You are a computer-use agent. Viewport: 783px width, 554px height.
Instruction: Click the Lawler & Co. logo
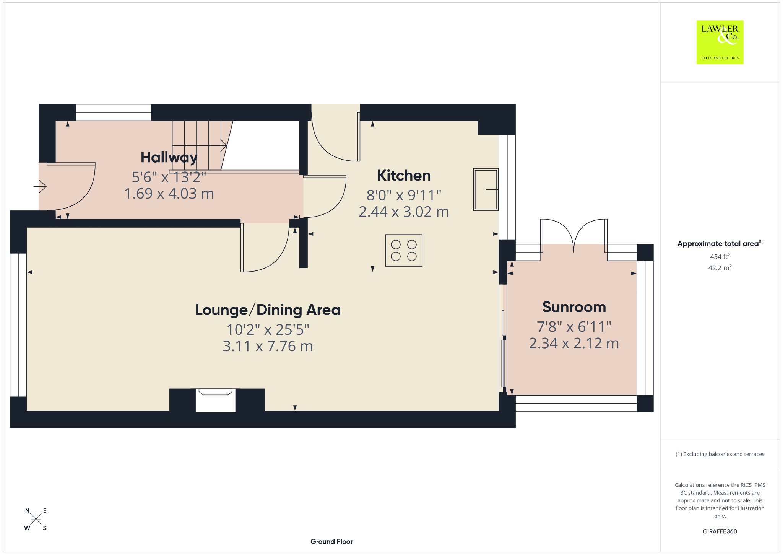pyautogui.click(x=720, y=42)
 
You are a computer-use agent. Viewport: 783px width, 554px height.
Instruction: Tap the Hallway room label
pyautogui.click(x=169, y=157)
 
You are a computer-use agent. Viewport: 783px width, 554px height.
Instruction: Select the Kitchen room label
pyautogui.click(x=404, y=176)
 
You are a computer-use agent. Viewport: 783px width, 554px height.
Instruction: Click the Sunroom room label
pyautogui.click(x=574, y=307)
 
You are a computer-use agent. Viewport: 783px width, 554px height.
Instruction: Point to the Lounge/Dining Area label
pyautogui.click(x=268, y=310)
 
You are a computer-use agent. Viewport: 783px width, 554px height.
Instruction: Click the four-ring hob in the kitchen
pyautogui.click(x=404, y=250)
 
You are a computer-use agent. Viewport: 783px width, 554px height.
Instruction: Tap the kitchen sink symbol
pyautogui.click(x=486, y=189)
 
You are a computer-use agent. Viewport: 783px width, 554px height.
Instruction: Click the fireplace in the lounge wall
pyautogui.click(x=215, y=400)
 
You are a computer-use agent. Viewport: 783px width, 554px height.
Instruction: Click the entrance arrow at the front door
pyautogui.click(x=40, y=186)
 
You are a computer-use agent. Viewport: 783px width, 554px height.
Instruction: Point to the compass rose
pyautogui.click(x=36, y=519)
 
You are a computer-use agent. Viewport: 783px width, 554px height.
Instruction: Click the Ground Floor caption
pyautogui.click(x=331, y=541)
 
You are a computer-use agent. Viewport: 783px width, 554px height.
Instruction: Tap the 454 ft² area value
pyautogui.click(x=720, y=256)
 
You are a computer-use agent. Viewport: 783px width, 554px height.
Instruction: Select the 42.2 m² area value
pyautogui.click(x=720, y=267)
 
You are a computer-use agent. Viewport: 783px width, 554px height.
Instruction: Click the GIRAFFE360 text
pyautogui.click(x=720, y=531)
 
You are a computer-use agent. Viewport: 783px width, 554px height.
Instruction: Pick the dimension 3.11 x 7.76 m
pyautogui.click(x=268, y=346)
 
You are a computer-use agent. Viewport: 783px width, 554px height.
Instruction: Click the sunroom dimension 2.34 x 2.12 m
pyautogui.click(x=574, y=343)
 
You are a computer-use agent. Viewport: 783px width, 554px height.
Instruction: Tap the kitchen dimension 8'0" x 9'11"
pyautogui.click(x=404, y=195)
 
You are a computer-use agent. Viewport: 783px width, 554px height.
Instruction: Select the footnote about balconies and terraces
pyautogui.click(x=720, y=454)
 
